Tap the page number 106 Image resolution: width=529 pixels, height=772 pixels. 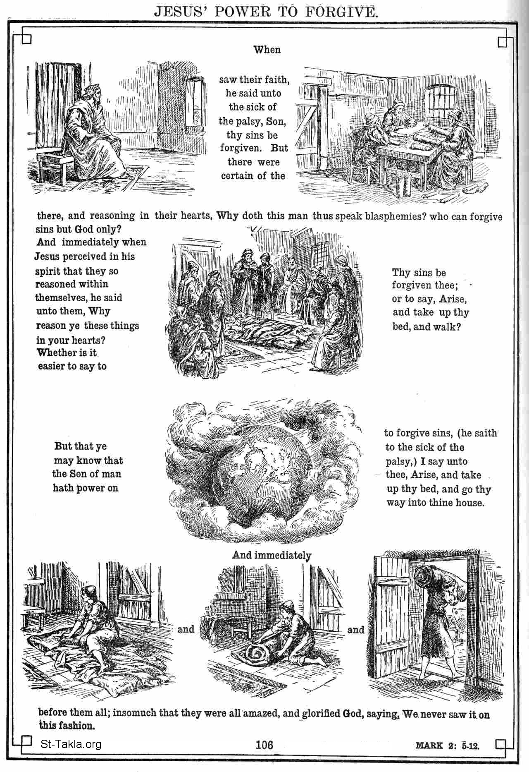(264, 745)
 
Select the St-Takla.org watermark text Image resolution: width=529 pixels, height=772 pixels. (71, 745)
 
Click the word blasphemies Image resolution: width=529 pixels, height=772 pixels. (396, 216)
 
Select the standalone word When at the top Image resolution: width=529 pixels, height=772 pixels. (267, 50)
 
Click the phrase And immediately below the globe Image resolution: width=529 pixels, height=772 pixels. (272, 555)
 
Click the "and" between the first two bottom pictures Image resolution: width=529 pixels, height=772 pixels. (186, 629)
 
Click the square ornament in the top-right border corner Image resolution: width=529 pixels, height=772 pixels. (503, 42)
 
